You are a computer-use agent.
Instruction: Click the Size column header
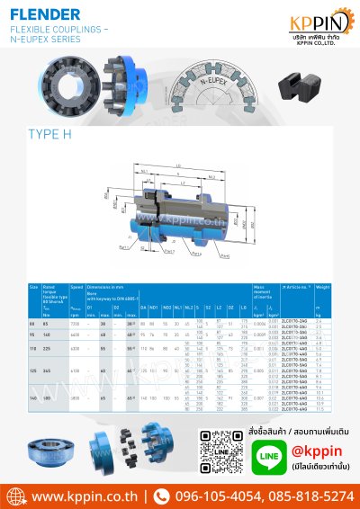33,286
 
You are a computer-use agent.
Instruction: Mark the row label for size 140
33,397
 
